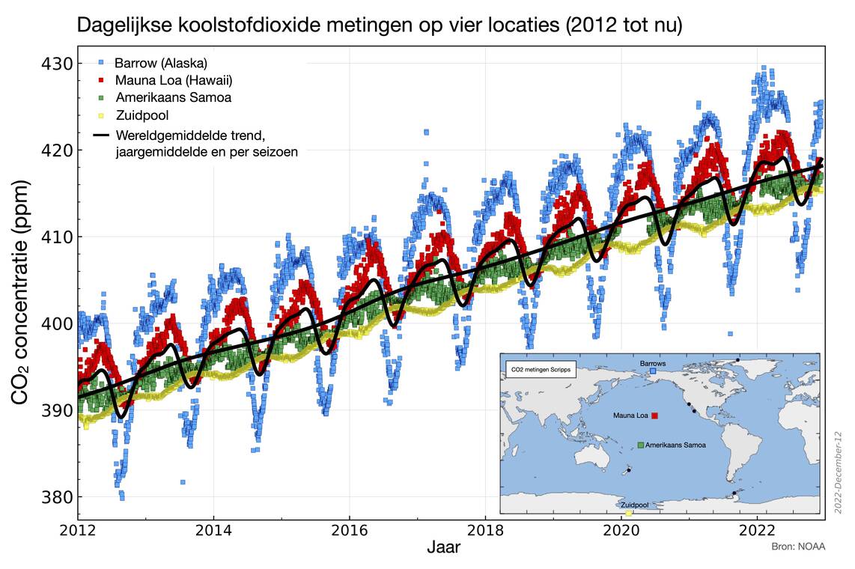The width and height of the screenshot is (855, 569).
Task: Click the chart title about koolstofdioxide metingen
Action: coord(380,25)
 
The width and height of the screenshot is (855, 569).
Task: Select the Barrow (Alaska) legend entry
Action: coord(161,62)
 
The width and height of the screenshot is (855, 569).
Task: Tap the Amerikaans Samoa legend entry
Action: coord(173,97)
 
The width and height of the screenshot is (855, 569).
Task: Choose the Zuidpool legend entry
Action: coord(142,115)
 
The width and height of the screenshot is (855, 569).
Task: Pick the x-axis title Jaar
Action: coord(443,548)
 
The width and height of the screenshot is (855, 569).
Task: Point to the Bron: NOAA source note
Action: coord(798,547)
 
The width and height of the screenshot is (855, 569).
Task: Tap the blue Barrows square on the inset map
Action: coord(653,371)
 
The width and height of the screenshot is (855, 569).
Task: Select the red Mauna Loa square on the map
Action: coord(655,415)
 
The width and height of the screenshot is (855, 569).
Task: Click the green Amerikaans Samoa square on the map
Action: coord(641,445)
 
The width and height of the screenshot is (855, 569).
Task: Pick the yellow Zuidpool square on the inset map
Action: coord(628,513)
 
